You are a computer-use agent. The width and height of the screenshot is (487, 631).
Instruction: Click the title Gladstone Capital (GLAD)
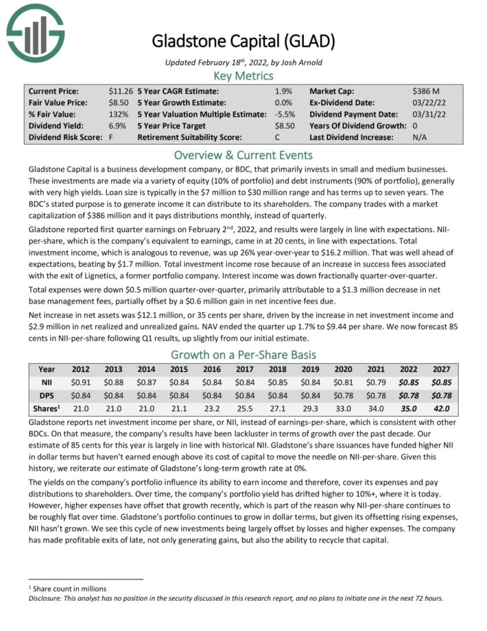[x=243, y=41]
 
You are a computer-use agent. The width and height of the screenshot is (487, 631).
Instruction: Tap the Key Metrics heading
[x=243, y=75]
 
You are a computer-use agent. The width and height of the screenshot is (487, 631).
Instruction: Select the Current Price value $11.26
[x=121, y=91]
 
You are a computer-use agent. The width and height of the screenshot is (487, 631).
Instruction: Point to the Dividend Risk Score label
[x=60, y=137]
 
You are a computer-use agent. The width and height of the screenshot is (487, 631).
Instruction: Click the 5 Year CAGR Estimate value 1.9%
[x=283, y=91]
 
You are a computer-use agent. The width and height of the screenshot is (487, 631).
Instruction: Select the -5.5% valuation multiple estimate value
[x=281, y=114]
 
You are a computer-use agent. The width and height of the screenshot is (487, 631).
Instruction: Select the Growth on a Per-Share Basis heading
[x=243, y=355]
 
